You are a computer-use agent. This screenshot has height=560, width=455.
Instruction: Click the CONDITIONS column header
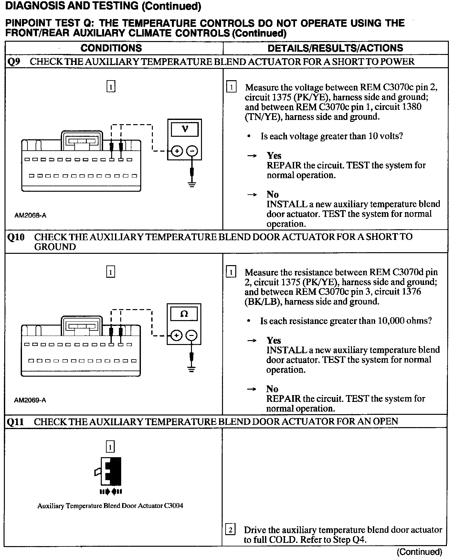pyautogui.click(x=111, y=48)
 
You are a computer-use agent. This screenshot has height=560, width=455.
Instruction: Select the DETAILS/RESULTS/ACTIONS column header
pyautogui.click(x=335, y=48)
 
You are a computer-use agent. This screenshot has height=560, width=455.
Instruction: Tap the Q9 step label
pyautogui.click(x=14, y=62)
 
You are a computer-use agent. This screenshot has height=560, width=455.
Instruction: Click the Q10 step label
pyautogui.click(x=16, y=237)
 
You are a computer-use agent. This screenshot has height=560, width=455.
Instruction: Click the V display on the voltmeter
pyautogui.click(x=185, y=129)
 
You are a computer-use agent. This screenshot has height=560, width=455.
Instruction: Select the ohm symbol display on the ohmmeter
pyautogui.click(x=184, y=314)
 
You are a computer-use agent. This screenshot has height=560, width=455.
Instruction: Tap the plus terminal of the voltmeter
pyautogui.click(x=177, y=151)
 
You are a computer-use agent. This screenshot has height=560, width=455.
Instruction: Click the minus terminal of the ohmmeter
pyautogui.click(x=192, y=336)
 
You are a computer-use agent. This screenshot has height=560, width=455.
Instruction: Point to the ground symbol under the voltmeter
pyautogui.click(x=192, y=185)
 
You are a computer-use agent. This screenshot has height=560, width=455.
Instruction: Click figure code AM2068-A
pyautogui.click(x=30, y=215)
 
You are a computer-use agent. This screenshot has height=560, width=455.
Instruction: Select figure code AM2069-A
pyautogui.click(x=30, y=400)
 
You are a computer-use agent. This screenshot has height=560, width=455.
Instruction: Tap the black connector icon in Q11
pyautogui.click(x=111, y=471)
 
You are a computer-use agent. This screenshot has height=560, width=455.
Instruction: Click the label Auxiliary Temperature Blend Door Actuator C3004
pyautogui.click(x=110, y=506)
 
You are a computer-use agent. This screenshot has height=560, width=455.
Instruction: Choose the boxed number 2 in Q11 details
pyautogui.click(x=230, y=530)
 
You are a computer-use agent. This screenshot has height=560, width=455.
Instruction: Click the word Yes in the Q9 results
pyautogui.click(x=274, y=156)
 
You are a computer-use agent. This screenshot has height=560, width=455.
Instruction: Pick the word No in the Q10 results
pyautogui.click(x=272, y=389)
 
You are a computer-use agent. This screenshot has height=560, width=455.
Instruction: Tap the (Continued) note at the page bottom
pyautogui.click(x=419, y=552)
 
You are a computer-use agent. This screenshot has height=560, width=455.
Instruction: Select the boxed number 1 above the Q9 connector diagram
pyautogui.click(x=111, y=87)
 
